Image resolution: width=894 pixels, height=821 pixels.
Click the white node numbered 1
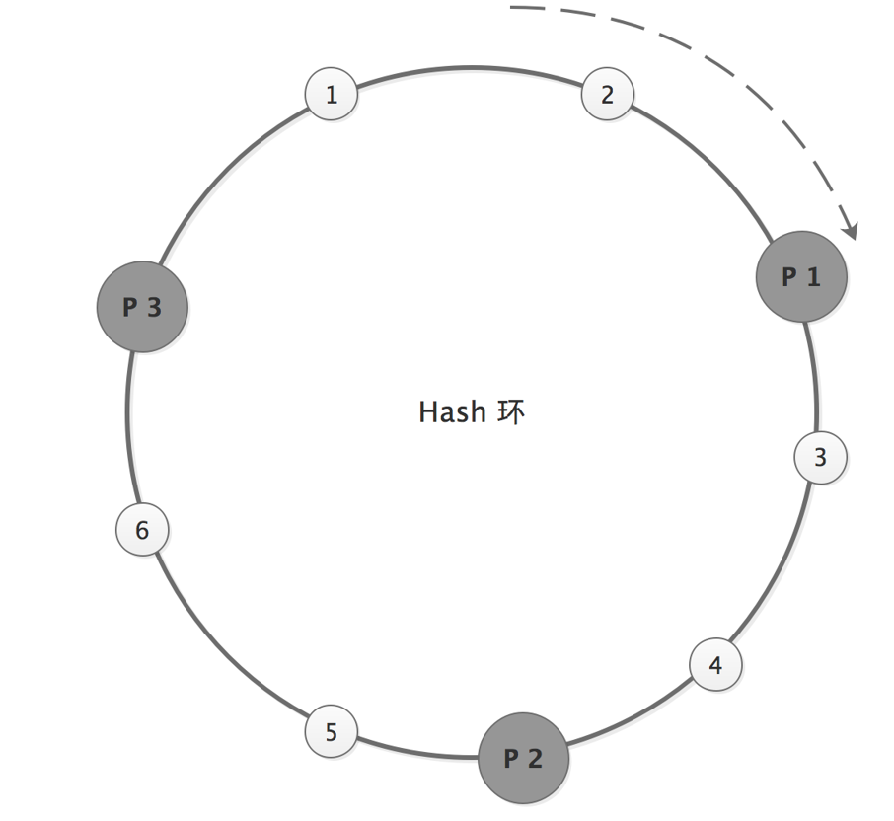(x=331, y=95)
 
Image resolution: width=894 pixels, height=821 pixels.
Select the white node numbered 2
(x=607, y=95)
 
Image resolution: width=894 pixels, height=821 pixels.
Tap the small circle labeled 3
(x=820, y=458)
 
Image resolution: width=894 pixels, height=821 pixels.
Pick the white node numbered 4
(x=715, y=665)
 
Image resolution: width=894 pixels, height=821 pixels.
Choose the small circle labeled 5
(x=331, y=732)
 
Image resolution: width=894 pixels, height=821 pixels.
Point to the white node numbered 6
(x=142, y=530)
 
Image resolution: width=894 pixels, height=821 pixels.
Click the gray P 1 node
(x=801, y=277)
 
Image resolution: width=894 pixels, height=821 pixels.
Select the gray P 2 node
(x=523, y=758)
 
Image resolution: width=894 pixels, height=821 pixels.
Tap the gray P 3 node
(x=142, y=307)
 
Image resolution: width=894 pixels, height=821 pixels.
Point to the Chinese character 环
(x=511, y=411)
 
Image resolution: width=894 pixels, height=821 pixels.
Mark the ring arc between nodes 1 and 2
(x=469, y=66)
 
